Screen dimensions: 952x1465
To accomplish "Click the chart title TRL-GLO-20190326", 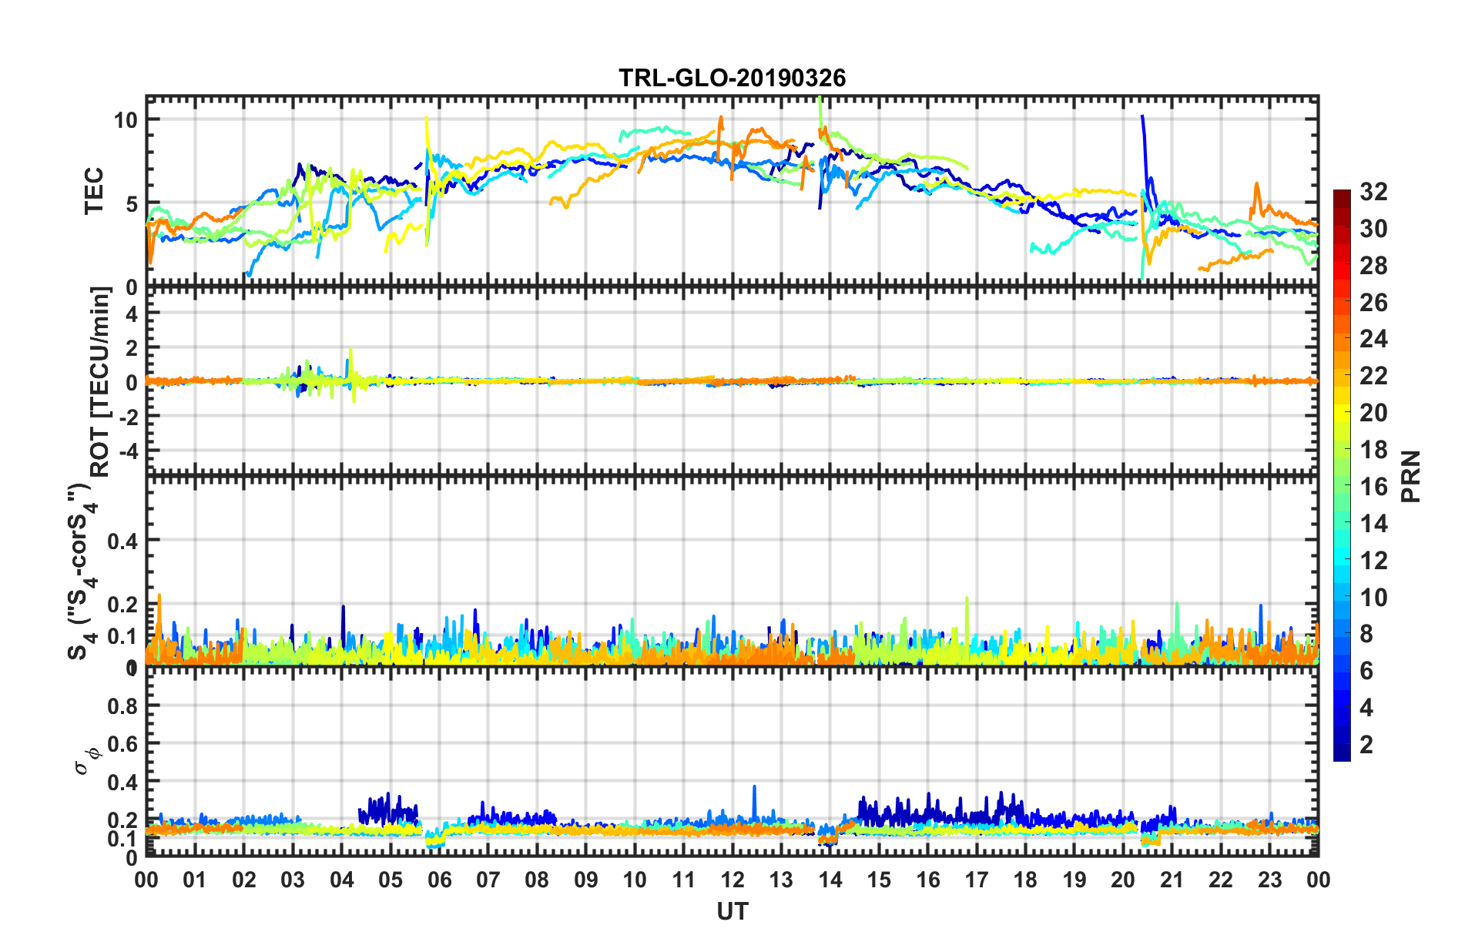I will pos(732,78).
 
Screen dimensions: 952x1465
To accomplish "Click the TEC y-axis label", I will pos(94,192).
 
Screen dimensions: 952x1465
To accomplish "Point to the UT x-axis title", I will pos(732,912).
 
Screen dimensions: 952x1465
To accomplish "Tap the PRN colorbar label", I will pos(1411,476).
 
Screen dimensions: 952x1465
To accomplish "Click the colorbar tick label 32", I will pos(1373,192).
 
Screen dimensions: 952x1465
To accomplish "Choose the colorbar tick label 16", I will pos(1373,487).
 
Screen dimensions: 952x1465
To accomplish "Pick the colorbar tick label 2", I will pos(1366,745).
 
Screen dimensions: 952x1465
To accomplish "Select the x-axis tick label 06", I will pos(439,880).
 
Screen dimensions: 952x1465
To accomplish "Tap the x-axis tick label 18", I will pos(1025,880).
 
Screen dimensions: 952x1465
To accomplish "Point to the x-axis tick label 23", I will pos(1269,880).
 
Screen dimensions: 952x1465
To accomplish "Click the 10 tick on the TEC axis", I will pos(126,119).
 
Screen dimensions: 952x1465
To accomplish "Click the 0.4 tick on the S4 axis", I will pos(122,541).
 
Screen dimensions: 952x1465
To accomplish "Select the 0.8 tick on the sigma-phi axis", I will pos(122,706).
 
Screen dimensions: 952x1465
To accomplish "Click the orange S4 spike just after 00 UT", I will pos(159,596).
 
